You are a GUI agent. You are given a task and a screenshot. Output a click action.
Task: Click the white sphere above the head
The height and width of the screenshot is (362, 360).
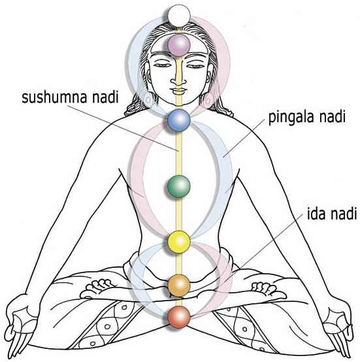[179, 16]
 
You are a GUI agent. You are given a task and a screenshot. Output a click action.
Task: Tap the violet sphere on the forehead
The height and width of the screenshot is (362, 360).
[179, 45]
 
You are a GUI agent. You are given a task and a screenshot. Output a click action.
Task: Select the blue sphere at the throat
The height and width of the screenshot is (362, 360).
[179, 120]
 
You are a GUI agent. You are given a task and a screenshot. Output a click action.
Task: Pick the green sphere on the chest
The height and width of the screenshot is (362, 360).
[179, 186]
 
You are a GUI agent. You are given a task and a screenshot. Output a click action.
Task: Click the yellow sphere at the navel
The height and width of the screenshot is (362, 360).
[179, 242]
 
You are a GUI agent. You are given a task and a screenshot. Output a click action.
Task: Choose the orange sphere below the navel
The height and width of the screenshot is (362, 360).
[179, 286]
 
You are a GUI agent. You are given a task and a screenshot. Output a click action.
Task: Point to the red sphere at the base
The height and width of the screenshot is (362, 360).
[179, 317]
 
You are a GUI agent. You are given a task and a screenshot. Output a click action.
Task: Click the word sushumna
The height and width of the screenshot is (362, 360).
[54, 97]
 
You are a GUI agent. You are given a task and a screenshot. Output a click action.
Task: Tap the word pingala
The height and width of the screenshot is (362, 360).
[291, 118]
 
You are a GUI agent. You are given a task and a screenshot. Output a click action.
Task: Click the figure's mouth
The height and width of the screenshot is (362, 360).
[178, 90]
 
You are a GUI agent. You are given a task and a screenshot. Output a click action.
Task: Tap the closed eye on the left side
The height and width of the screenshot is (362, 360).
[162, 65]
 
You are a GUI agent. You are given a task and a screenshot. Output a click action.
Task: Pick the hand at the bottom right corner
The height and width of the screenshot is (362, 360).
[337, 329]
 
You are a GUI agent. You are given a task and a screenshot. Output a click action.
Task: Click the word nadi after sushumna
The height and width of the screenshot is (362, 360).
[105, 97]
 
